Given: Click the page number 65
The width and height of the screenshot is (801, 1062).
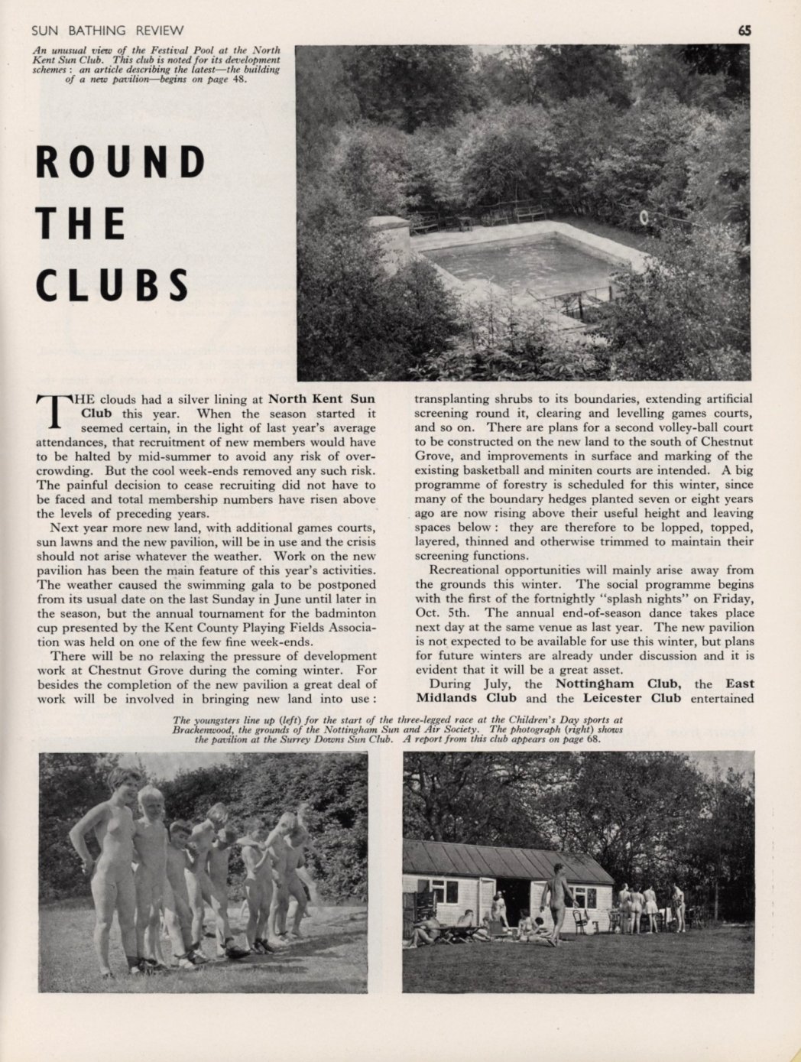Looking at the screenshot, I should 745,31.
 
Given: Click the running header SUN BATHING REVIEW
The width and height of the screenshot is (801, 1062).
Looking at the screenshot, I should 107,31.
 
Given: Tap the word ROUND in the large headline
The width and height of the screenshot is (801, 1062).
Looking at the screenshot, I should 121,162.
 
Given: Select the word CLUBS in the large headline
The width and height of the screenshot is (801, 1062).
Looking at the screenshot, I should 112,284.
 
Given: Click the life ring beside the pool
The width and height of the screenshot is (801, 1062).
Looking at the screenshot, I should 644,218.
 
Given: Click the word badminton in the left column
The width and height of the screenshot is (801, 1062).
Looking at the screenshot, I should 341,612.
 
